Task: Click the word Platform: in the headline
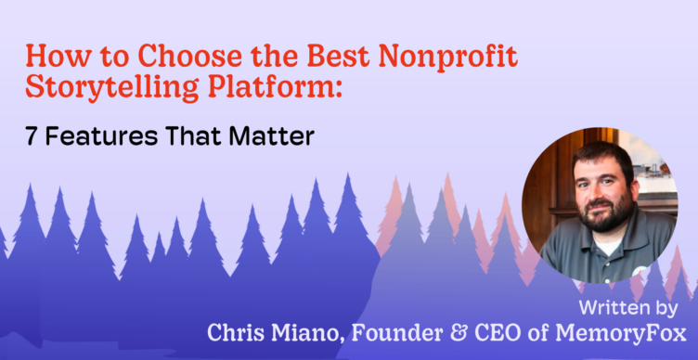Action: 273,87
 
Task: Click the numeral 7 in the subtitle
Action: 31,136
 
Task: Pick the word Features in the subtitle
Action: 101,136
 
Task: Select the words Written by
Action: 628,309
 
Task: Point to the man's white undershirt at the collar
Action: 607,244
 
